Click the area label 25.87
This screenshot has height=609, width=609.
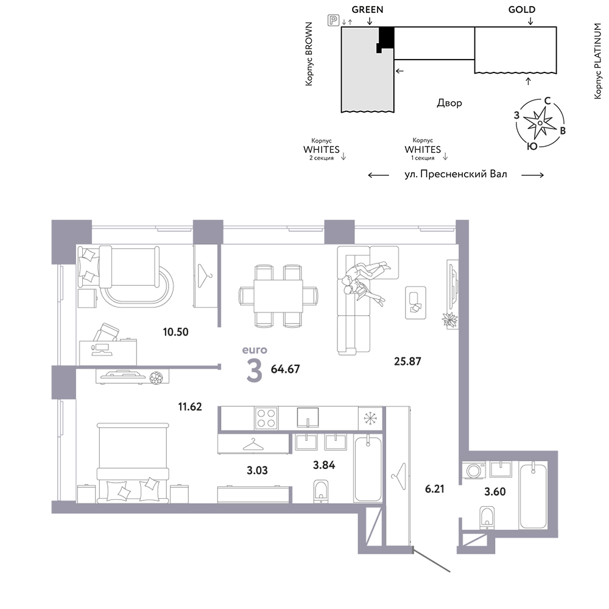coord(407,361)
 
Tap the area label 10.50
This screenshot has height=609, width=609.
coord(175,332)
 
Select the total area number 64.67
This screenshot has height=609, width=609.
coord(285,369)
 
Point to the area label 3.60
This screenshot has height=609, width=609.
coord(495,491)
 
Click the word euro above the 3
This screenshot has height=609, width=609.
coord(255,350)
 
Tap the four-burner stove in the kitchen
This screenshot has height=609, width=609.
coord(266,418)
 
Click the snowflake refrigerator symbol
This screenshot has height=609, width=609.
coord(370,418)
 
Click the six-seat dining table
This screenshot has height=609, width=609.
coord(278,295)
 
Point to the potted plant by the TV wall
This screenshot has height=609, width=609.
coord(450,320)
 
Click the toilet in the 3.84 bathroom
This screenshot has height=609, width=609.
coord(321,491)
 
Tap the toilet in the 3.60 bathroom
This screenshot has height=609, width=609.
coord(487,517)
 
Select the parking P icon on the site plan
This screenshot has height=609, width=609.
coord(333,20)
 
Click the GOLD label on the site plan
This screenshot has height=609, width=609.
coord(522,10)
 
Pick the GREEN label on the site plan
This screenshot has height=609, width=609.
coord(367,10)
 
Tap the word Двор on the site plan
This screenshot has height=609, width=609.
coord(449,103)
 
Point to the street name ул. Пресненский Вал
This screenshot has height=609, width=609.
coord(456,174)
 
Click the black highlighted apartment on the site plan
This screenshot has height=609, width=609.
coord(385,39)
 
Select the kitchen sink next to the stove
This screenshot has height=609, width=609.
coord(308,418)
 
